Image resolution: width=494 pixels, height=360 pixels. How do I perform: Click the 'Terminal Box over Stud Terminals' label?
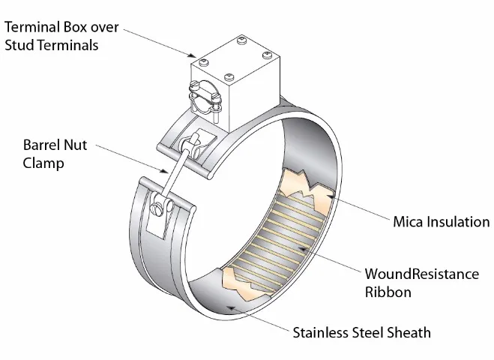pos(61,35)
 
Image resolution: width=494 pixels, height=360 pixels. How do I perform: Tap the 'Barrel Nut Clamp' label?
pos(55,154)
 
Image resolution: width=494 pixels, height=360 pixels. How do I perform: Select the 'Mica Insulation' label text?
pos(442,221)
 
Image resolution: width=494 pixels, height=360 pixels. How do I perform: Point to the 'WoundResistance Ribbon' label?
pos(422,283)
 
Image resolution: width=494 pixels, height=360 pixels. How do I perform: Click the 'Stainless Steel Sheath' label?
pos(361,332)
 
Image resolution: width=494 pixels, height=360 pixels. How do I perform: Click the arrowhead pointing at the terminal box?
pos(192,55)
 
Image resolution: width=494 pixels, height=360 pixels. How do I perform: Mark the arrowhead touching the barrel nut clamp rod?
pos(164,171)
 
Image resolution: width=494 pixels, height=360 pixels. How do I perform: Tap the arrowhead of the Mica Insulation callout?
pos(330,196)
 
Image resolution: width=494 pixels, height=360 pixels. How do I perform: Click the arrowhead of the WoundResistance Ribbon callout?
pos(303,249)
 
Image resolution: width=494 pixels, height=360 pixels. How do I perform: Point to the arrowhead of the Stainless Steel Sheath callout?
pos(232,307)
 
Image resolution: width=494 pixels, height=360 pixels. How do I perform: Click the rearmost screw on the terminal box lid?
pos(242,40)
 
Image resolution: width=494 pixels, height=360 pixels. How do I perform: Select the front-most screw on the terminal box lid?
pos(229,77)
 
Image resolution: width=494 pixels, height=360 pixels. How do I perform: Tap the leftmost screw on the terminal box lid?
pos(204,62)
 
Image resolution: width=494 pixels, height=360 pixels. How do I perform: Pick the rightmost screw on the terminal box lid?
pos(267,55)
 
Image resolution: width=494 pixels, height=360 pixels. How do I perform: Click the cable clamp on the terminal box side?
pos(205,97)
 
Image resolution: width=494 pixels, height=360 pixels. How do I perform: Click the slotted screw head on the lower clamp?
pos(157,210)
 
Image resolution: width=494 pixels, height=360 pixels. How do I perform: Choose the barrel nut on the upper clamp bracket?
pos(191,145)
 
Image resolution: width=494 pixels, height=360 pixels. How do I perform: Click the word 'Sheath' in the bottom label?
pos(409,332)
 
